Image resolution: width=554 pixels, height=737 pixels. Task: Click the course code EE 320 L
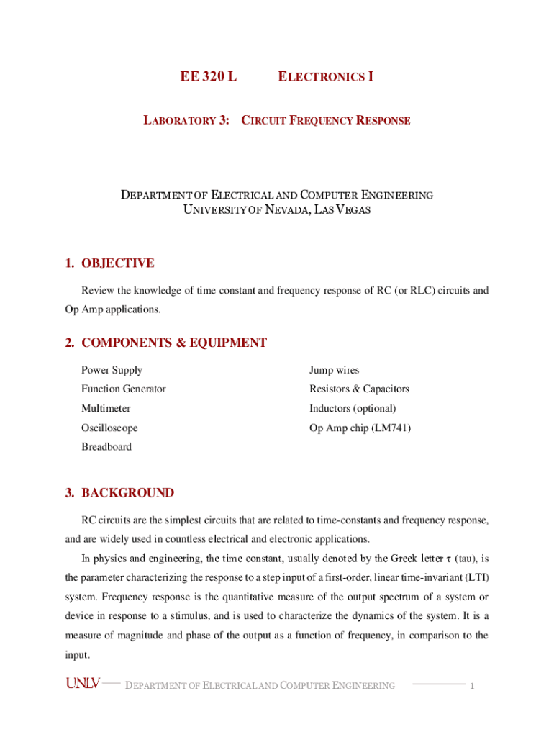tap(208, 76)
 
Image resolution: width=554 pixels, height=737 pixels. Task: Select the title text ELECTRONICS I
tap(325, 76)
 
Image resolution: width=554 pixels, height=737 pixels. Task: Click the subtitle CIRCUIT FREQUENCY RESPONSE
tap(325, 120)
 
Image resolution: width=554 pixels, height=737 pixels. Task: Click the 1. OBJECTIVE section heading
tap(109, 263)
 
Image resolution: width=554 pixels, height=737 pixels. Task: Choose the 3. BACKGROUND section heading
tap(119, 493)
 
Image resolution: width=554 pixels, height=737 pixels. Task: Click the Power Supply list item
tap(112, 370)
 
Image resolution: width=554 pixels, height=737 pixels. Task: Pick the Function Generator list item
tap(123, 389)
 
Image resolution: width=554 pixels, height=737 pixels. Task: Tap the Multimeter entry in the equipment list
tap(106, 408)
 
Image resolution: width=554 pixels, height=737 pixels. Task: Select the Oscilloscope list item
tap(109, 428)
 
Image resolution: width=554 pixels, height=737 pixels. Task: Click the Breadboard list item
tap(106, 446)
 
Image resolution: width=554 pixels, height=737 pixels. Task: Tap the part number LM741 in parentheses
tap(392, 428)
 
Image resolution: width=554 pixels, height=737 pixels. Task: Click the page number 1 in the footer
tap(472, 686)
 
